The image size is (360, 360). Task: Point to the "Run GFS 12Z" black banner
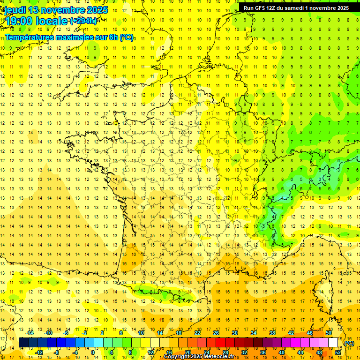coord(296,8)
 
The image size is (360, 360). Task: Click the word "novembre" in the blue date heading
coord(64,10)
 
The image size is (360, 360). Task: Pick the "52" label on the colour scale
coord(338,352)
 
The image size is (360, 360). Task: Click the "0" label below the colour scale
coord(93,352)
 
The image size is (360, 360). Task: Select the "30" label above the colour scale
coord(234,333)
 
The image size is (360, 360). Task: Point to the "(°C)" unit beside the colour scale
coord(349,343)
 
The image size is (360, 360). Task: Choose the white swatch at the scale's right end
coord(333,343)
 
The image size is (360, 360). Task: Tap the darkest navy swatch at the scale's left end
coord(23,343)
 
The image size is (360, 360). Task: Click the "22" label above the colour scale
coord(197,333)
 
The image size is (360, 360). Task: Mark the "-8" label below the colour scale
coord(56,352)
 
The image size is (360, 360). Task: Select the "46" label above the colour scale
coord(309,333)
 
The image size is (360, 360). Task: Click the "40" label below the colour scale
coord(282,352)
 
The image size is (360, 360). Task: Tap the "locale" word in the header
coord(52,21)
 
